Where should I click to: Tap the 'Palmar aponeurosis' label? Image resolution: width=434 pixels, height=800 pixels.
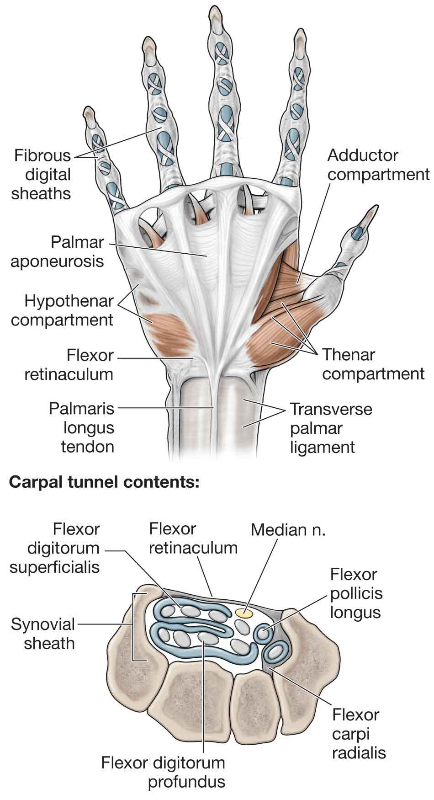pos(57,251)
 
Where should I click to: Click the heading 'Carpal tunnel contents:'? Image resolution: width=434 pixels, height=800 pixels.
pos(104,482)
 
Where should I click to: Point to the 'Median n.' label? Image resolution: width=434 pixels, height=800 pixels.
pos(288,530)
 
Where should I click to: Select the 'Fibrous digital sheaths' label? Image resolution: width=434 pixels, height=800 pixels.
pos(42,174)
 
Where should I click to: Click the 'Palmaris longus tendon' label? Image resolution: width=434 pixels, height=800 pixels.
pos(82,427)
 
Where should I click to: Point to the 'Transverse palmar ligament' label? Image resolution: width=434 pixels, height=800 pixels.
pos(331,428)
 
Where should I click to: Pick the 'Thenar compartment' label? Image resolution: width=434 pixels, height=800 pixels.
pos(373,364)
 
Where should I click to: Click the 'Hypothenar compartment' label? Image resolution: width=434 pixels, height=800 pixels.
pos(62,310)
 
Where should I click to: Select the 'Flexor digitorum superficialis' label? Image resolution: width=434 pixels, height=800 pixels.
pos(55,548)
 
